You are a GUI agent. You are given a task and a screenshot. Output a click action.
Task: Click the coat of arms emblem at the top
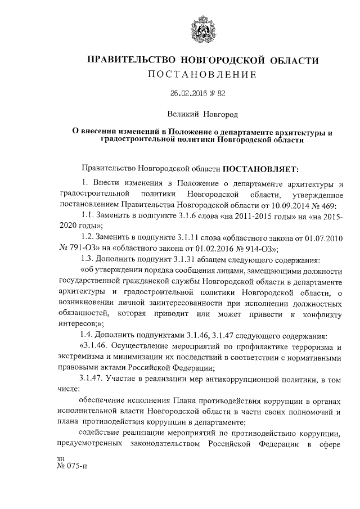[198, 28]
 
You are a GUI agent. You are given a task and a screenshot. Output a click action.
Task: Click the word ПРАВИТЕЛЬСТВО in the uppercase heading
[124, 60]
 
